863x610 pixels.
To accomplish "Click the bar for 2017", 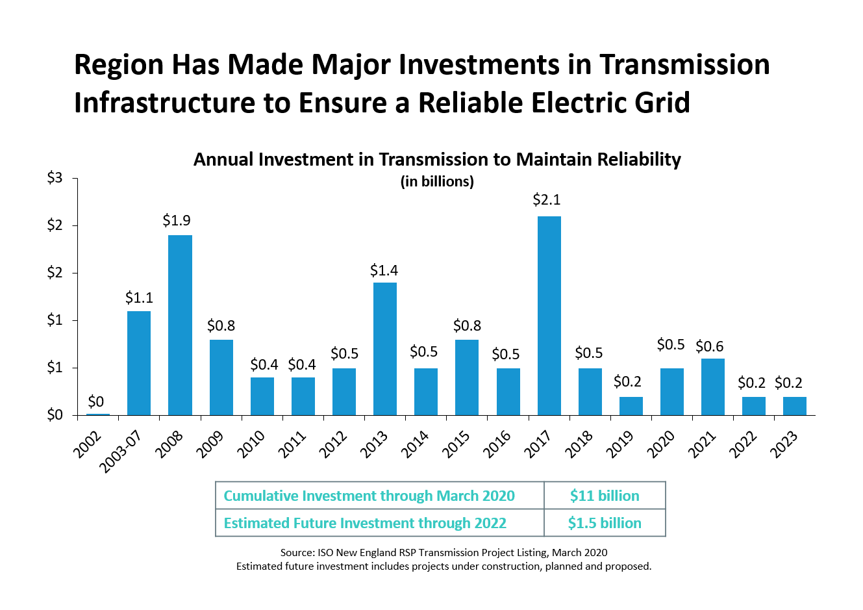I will tap(549, 316).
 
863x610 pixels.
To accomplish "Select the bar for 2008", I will tap(180, 325).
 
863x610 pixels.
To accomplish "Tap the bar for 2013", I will tap(385, 349).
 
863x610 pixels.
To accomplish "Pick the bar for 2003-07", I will tap(139, 363).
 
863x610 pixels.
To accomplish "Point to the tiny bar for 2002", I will tap(98, 414).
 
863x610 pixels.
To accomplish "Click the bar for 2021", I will tap(713, 387).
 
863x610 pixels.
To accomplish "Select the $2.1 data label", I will tap(547, 200).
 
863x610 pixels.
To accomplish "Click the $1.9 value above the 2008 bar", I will tap(177, 221).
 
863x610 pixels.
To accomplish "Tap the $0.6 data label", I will tap(710, 347).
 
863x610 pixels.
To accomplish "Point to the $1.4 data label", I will tap(384, 270).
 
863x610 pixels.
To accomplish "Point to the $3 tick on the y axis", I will tap(55, 178).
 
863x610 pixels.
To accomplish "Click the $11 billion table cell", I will tap(605, 496).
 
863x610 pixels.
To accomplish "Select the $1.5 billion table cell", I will tap(605, 523).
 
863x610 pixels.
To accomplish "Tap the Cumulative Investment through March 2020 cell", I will tap(369, 496).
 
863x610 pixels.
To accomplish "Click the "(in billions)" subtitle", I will tap(437, 182).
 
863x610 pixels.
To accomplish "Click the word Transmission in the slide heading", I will tap(684, 65).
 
